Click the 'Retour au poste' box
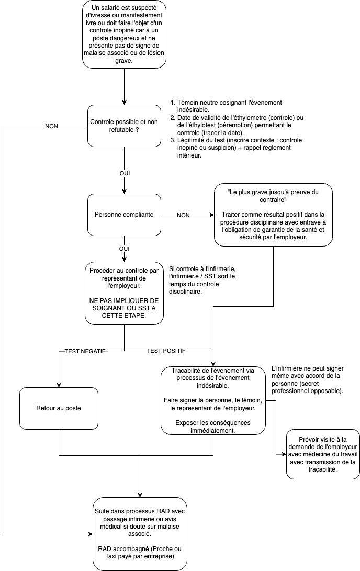click(59, 408)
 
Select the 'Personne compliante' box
click(124, 215)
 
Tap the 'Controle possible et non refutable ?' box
click(124, 126)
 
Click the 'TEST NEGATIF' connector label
click(85, 351)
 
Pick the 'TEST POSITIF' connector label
click(166, 351)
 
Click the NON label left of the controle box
click(51, 126)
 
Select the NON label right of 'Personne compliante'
click(184, 215)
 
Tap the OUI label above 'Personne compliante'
click(125, 173)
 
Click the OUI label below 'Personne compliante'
click(124, 249)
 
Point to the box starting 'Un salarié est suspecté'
click(124, 34)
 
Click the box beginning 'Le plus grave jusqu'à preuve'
click(273, 215)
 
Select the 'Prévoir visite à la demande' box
click(323, 454)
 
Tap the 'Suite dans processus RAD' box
click(140, 533)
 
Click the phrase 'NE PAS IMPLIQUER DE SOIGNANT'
click(124, 305)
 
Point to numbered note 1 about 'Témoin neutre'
click(229, 106)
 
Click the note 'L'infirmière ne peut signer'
click(308, 380)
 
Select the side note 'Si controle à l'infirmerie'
click(202, 280)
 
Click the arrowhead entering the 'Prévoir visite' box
click(284, 454)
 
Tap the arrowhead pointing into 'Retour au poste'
click(59, 385)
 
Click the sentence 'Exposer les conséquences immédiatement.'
click(213, 427)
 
